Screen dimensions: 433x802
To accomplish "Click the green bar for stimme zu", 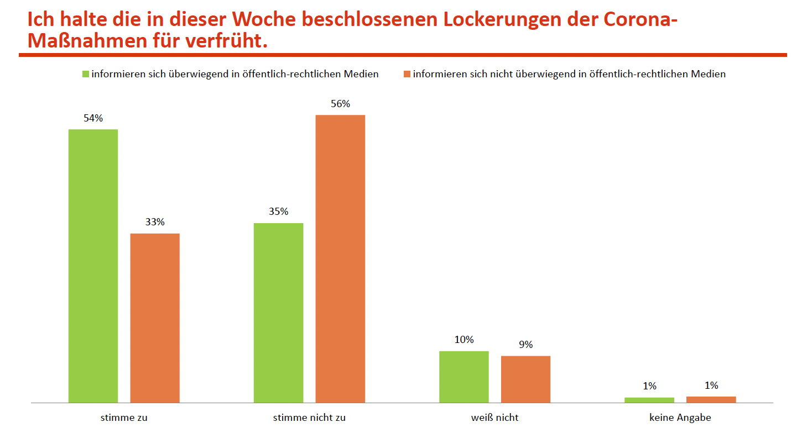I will coord(93,266).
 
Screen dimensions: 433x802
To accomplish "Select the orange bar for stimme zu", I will coord(155,318).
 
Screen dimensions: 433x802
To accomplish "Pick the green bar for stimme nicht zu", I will coord(278,313).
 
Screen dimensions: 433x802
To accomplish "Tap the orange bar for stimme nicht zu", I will coord(340,258).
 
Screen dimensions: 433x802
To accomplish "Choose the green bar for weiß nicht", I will coord(464,377).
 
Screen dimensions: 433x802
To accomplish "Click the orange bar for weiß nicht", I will coord(525,379).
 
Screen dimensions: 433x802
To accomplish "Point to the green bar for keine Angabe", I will coord(649,400).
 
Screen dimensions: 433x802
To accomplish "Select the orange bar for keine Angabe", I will coord(711,399).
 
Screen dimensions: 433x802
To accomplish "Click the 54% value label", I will coord(93,118).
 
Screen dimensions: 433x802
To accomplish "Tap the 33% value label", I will coord(155,222).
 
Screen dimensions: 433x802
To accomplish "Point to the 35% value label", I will coord(278,212).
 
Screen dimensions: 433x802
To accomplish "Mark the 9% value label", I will coord(525,345).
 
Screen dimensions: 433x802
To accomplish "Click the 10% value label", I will coord(464,340).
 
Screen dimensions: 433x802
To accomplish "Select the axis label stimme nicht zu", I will coord(309,418).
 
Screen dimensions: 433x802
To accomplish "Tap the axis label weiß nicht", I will coord(494,418).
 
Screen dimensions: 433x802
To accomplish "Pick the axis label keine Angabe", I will coord(680,418).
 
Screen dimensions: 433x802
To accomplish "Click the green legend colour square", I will coord(86,74).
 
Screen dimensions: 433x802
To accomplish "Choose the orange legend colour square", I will coord(407,74).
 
